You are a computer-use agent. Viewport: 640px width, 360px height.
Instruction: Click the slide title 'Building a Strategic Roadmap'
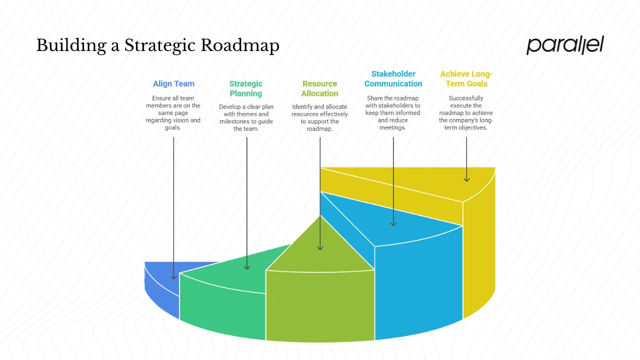point(157,45)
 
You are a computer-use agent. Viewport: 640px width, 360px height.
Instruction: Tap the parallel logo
point(564,45)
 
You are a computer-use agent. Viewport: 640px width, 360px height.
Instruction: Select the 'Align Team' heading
point(173,83)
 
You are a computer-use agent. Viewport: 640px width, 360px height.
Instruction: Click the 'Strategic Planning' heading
point(246,88)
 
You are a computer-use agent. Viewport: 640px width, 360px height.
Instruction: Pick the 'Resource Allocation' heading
point(319,88)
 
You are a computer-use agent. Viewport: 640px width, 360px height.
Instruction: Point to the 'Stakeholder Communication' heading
point(393,79)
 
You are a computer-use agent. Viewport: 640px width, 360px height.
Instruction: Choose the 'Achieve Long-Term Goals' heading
point(466,79)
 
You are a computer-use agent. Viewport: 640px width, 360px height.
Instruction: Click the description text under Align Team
point(173,113)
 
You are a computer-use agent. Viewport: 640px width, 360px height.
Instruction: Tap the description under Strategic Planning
point(246,118)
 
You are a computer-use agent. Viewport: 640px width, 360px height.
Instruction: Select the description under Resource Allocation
point(319,118)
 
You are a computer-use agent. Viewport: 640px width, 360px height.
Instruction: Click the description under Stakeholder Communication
point(393,113)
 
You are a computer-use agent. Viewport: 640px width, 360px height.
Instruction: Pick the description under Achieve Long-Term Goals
point(466,113)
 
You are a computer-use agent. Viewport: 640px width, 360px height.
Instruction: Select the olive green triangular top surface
point(320,250)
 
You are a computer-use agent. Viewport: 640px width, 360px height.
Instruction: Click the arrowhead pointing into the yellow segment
point(466,179)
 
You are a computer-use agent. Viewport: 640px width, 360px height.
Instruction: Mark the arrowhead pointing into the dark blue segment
point(173,276)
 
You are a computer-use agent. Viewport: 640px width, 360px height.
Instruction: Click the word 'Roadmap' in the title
point(240,45)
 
